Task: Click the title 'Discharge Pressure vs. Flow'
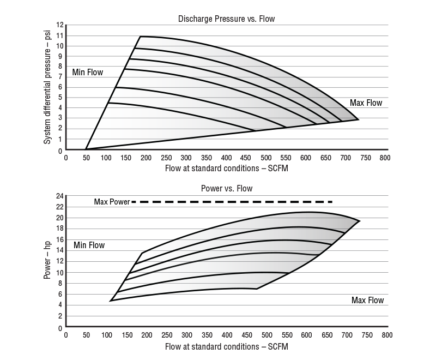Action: pos(226,19)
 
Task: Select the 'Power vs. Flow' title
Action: pos(226,189)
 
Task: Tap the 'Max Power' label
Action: pos(112,202)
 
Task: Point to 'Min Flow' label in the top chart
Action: pos(87,72)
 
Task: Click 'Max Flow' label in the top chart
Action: pos(366,103)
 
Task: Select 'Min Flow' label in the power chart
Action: pos(89,245)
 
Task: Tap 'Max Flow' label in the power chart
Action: pos(367,300)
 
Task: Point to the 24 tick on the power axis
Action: pos(59,196)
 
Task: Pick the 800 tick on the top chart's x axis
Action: pos(385,158)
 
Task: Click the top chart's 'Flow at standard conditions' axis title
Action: pos(226,169)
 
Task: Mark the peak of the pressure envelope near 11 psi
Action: pos(140,37)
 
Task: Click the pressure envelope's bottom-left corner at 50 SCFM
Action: pos(86,149)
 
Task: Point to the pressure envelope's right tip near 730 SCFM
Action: pos(358,119)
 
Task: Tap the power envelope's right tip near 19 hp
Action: pos(360,221)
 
